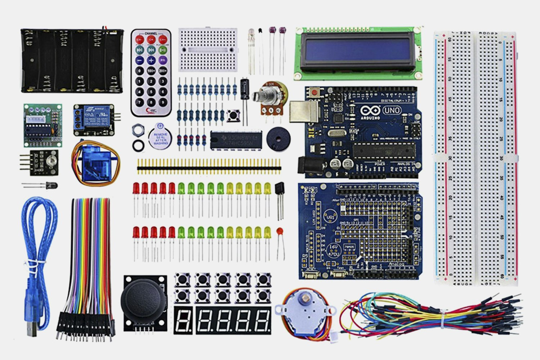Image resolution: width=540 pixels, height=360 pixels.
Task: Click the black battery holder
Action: click(72, 60)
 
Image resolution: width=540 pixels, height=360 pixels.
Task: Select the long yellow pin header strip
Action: click(209, 168)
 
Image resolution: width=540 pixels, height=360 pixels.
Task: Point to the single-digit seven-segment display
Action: click(183, 320)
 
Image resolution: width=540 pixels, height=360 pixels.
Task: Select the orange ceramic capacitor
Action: click(280, 231)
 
